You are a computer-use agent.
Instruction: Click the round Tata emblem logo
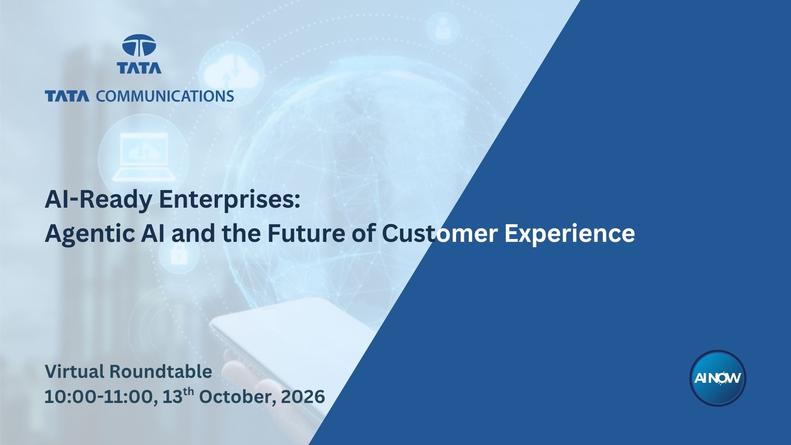pyautogui.click(x=139, y=45)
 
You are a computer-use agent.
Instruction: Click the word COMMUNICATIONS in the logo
pyautogui.click(x=165, y=96)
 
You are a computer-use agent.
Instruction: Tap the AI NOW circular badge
pyautogui.click(x=718, y=378)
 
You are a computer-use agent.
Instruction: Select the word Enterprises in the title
pyautogui.click(x=229, y=201)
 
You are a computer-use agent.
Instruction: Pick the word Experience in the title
pyautogui.click(x=570, y=234)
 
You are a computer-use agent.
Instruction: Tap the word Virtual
pyautogui.click(x=75, y=371)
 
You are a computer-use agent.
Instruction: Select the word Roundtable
pyautogui.click(x=161, y=371)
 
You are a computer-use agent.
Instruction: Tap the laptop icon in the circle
pyautogui.click(x=143, y=157)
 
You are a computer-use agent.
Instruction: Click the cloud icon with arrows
pyautogui.click(x=231, y=70)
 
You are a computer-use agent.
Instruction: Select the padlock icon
pyautogui.click(x=179, y=255)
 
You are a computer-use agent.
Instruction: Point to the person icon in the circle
pyautogui.click(x=443, y=28)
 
